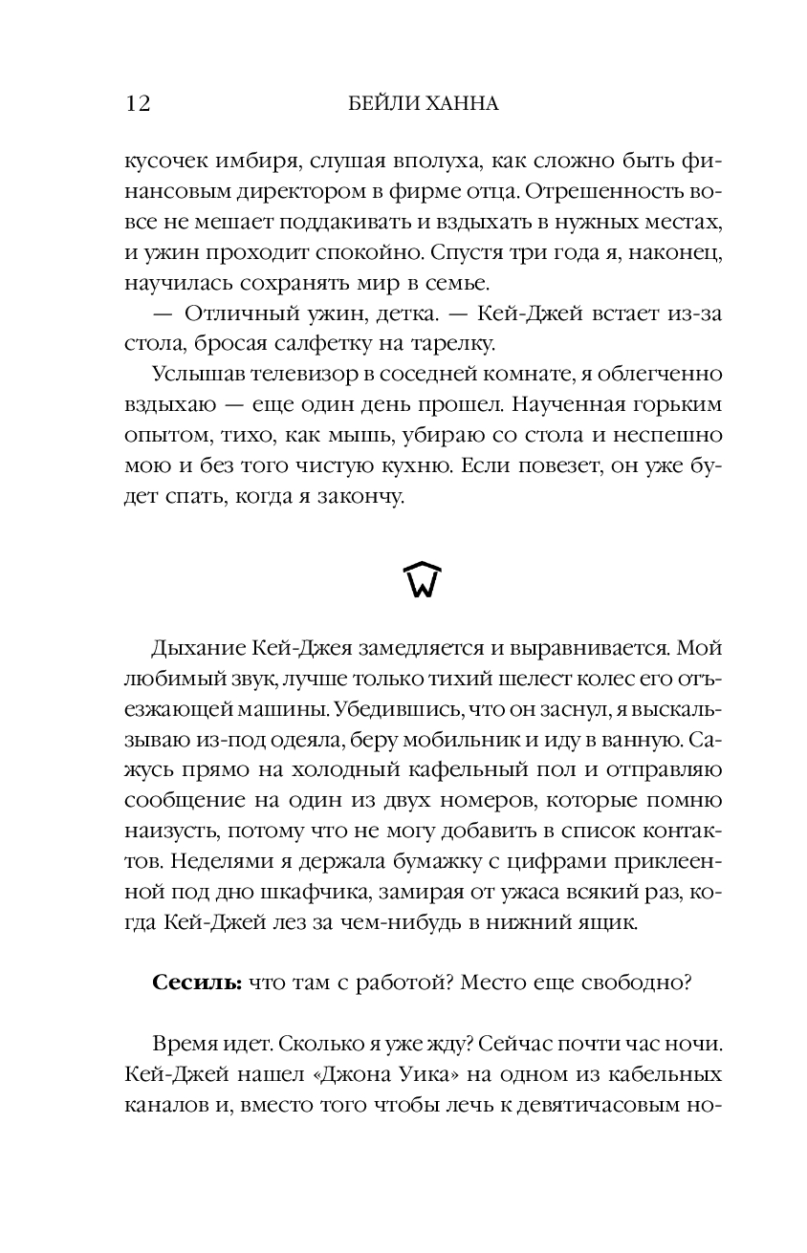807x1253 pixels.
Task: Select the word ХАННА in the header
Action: (x=463, y=103)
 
